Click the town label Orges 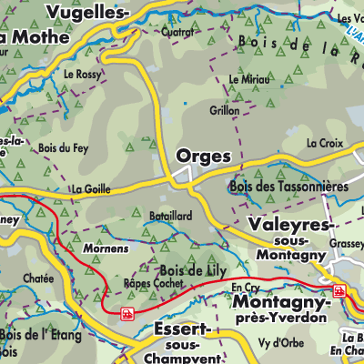(197, 157)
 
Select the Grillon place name (224, 110)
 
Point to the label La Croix (323, 143)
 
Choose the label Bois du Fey (59, 147)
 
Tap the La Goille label (89, 189)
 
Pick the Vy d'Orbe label (278, 343)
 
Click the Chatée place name (40, 278)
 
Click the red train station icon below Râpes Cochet (128, 314)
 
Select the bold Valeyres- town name (288, 224)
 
